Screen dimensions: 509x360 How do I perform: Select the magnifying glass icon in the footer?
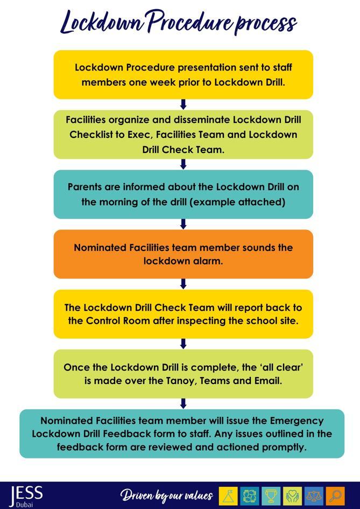click(336, 496)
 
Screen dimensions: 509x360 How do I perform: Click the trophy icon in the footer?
click(271, 496)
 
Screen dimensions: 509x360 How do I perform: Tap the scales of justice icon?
click(314, 496)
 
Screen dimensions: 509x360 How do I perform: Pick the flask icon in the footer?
click(229, 496)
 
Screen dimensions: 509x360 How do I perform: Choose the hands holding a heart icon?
click(293, 496)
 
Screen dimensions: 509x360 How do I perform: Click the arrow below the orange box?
click(183, 284)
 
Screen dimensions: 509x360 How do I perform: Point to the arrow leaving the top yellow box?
click(183, 104)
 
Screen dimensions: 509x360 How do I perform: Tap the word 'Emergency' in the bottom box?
click(297, 420)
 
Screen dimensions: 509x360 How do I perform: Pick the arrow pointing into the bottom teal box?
click(183, 403)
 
